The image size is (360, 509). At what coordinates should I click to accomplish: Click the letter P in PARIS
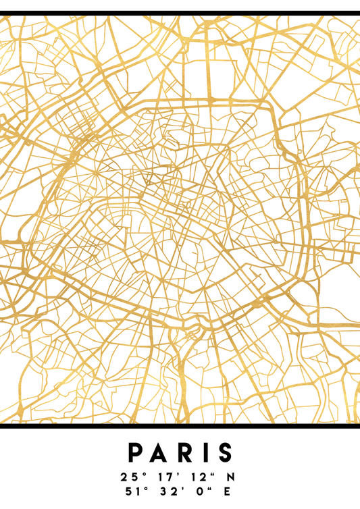[134, 452]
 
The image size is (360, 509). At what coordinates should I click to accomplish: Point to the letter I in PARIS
[203, 452]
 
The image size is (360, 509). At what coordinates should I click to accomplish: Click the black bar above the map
[180, 12]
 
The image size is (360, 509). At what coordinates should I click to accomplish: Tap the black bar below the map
[180, 426]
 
